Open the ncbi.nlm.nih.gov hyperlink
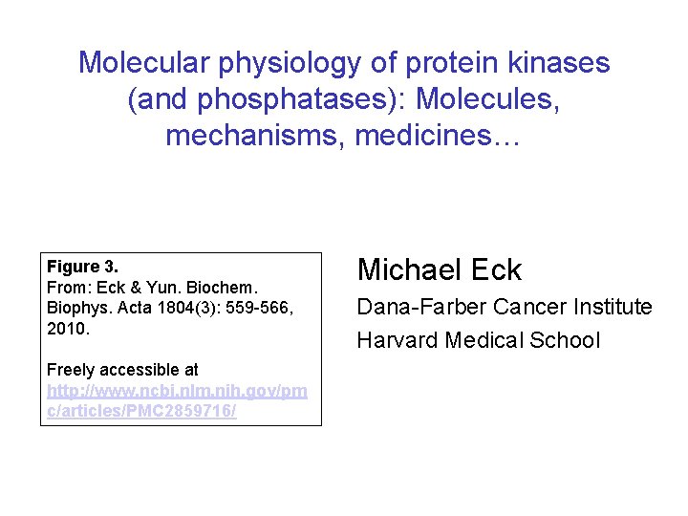[177, 391]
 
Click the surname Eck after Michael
[499, 269]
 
